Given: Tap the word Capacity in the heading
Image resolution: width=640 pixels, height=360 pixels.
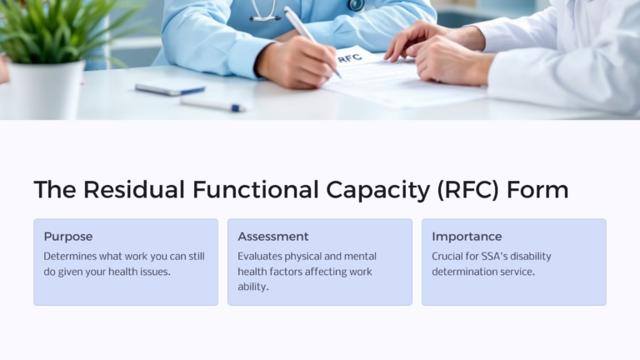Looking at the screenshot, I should point(380,190).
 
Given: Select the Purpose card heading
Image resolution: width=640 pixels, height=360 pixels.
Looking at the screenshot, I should point(68,237).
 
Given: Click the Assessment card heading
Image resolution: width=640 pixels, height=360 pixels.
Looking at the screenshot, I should point(273,237).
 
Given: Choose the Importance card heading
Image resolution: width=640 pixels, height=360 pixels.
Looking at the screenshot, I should point(467,237).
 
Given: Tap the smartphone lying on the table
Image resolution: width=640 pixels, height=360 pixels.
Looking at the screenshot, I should point(169,89).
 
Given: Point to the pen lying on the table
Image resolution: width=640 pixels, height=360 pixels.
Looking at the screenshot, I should point(212,105).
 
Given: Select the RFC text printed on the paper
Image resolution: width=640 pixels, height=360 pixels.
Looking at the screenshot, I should point(350,57).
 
